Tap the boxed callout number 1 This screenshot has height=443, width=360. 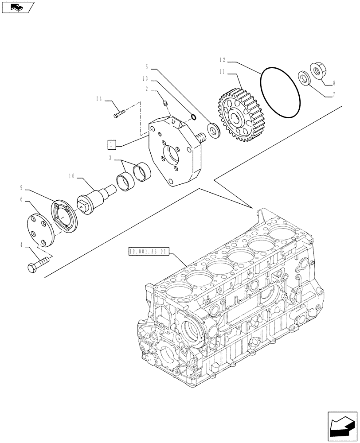[x=111, y=144]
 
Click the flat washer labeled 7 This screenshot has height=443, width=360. [x=304, y=78]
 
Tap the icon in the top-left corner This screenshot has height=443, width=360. [x=17, y=7]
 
